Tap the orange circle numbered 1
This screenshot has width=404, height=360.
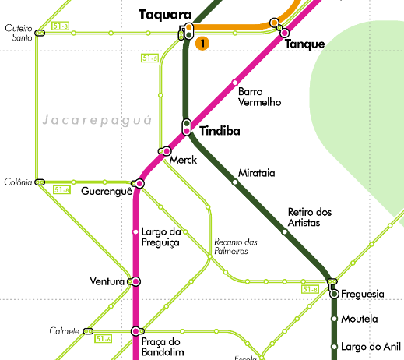click(x=202, y=44)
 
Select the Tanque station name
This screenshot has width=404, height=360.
click(x=304, y=44)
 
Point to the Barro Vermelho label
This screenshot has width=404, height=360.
click(x=260, y=97)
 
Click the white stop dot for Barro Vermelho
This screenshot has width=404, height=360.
click(x=234, y=83)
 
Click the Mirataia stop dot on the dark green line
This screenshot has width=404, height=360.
click(x=235, y=182)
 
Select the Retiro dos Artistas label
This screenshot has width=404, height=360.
click(x=309, y=217)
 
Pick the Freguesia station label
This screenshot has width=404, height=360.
click(x=363, y=294)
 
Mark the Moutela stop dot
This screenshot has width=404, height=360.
click(x=334, y=319)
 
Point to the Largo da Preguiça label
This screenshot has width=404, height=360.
click(x=161, y=237)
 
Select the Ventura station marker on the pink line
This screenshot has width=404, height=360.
click(x=135, y=281)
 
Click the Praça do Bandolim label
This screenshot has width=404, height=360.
click(x=161, y=347)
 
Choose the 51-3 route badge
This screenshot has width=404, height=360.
click(x=60, y=27)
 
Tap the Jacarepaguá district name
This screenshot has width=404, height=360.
click(x=87, y=121)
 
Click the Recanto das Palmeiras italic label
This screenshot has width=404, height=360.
click(x=235, y=246)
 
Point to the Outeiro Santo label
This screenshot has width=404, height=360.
click(x=19, y=32)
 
